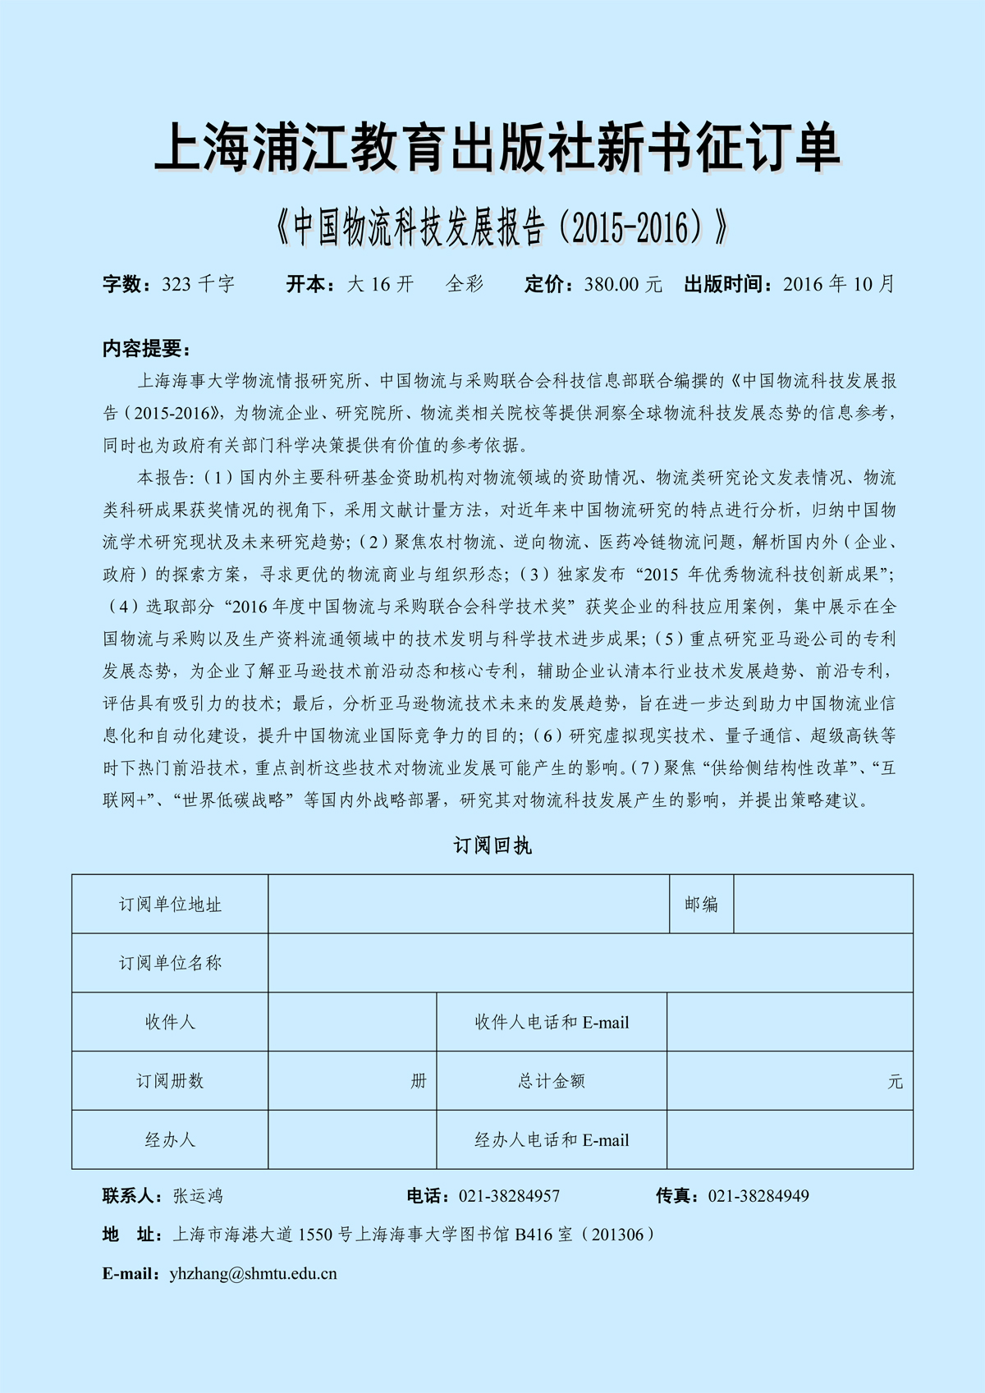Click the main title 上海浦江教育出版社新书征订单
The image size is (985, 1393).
coord(497,148)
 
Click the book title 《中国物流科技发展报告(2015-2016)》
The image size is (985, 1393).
coord(502,227)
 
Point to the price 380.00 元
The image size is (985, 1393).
coord(623,284)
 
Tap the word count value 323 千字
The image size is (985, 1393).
coord(198,284)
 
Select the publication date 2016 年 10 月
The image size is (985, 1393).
coord(838,284)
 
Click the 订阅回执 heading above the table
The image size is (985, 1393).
coord(492,845)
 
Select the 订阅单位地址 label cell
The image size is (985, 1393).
coord(170,904)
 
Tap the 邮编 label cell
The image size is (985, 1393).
coord(701,904)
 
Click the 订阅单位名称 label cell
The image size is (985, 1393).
coord(170,963)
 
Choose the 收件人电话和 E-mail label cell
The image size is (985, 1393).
coord(552,1022)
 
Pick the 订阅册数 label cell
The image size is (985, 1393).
coord(170,1081)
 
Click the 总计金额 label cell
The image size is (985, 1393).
coord(552,1081)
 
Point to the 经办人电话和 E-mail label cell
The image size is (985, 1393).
coord(552,1140)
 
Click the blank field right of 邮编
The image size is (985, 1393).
coord(823,904)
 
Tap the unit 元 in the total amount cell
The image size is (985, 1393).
coord(895,1082)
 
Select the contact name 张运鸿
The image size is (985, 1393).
coord(198,1196)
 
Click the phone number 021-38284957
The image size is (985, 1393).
coord(509,1196)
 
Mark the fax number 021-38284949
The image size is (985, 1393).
coord(758,1196)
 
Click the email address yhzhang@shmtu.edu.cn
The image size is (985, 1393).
coord(253,1274)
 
